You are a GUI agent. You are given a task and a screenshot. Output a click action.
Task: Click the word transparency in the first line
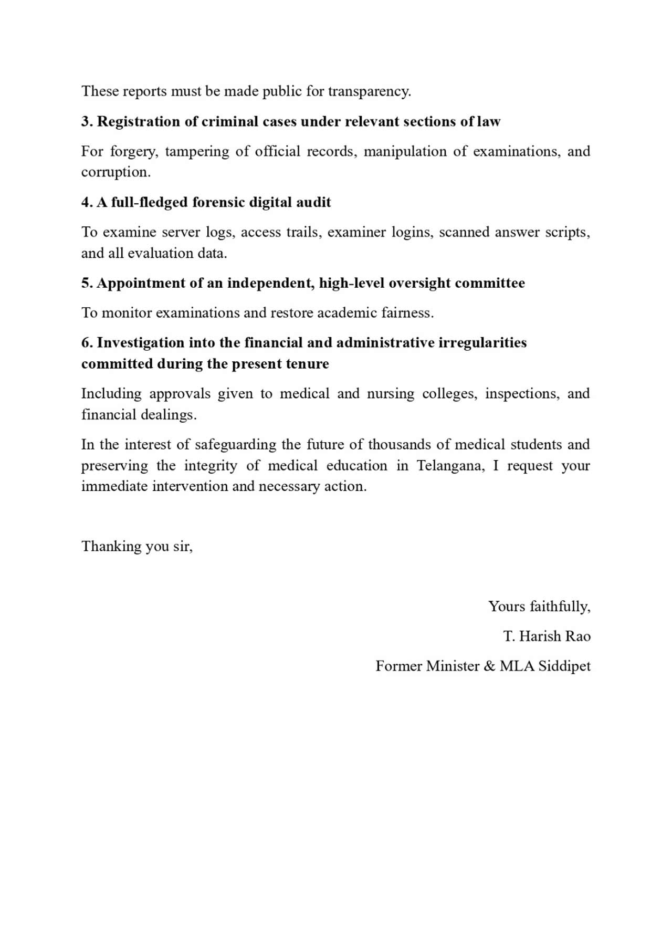369,91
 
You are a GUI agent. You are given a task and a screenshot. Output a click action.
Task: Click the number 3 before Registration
86,121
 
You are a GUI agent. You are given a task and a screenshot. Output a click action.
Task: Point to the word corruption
115,172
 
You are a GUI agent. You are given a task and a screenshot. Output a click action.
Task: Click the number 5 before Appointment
86,283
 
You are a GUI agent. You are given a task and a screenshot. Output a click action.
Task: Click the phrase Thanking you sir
137,546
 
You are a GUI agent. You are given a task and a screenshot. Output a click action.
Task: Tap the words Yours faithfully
539,607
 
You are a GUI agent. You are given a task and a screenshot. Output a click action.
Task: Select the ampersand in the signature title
489,666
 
